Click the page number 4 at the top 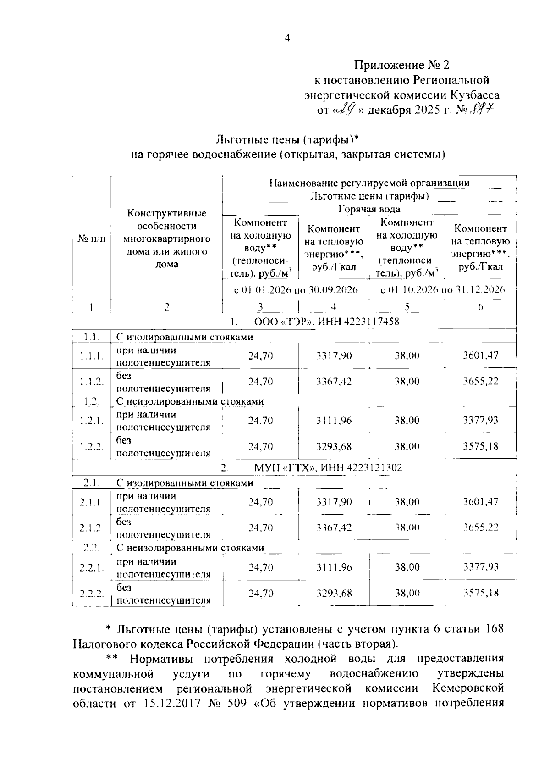[x=287, y=39]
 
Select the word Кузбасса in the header [x=475, y=95]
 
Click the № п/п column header [x=92, y=239]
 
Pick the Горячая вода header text [x=369, y=209]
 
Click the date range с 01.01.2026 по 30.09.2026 [x=296, y=289]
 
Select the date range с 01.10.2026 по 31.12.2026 [x=443, y=289]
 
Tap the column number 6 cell [x=480, y=307]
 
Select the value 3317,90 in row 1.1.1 [x=334, y=355]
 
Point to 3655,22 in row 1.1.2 [x=480, y=382]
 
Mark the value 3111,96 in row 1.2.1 [x=334, y=420]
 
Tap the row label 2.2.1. [x=92, y=568]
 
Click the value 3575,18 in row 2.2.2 [x=480, y=593]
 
